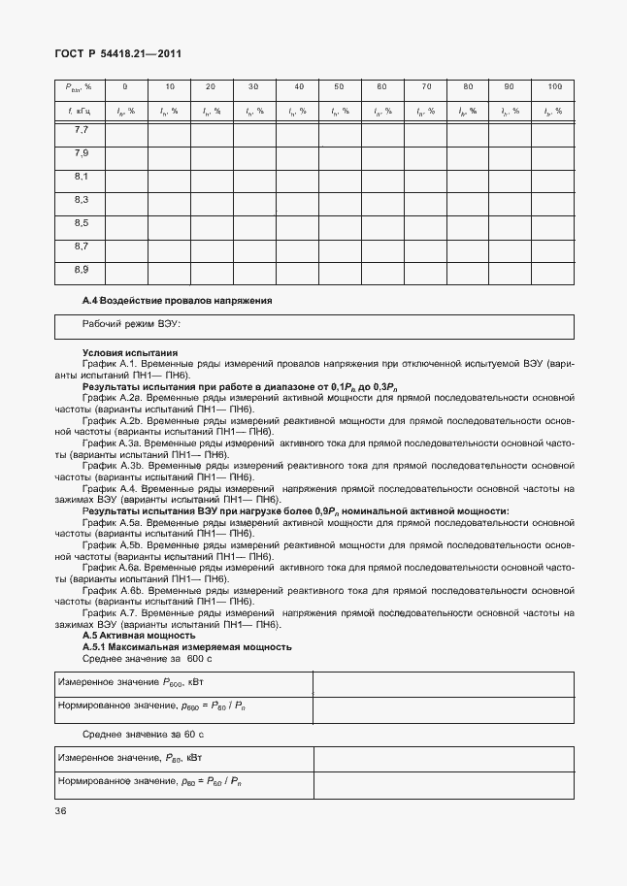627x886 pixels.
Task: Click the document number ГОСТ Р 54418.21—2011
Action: coord(116,56)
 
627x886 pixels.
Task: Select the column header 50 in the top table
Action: coord(339,87)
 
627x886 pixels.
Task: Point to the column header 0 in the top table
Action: coord(125,87)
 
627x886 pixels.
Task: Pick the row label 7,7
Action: coord(82,130)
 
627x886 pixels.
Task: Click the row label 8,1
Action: coord(82,177)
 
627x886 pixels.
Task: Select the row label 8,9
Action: coord(82,269)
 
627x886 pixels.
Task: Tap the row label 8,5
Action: coord(82,223)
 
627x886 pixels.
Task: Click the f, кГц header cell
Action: coord(81,111)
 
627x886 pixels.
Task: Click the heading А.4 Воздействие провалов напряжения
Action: coord(177,301)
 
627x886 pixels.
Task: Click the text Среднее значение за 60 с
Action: coord(136,734)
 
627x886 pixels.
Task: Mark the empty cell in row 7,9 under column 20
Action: coord(211,155)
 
